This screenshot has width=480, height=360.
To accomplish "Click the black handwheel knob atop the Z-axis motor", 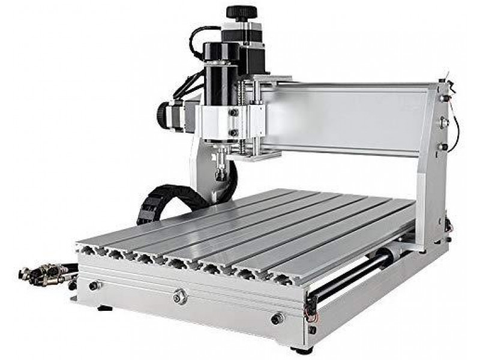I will [x=241, y=12].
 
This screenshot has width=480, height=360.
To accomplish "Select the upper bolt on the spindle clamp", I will [x=233, y=112].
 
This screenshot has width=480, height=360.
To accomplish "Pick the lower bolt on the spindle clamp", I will [x=233, y=133].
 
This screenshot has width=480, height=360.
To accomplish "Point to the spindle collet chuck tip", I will [x=221, y=175].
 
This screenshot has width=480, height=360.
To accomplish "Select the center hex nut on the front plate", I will [x=179, y=296].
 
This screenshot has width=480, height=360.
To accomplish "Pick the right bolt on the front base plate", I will [x=276, y=319].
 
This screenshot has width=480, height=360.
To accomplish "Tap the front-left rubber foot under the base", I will [x=104, y=308].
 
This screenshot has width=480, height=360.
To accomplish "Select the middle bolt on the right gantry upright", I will [x=445, y=122].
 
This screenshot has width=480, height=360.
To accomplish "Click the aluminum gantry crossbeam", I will [x=348, y=117].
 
